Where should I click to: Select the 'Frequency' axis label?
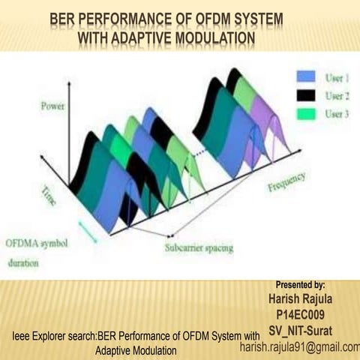[x=286, y=181]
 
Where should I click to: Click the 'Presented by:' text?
[x=300, y=285]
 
